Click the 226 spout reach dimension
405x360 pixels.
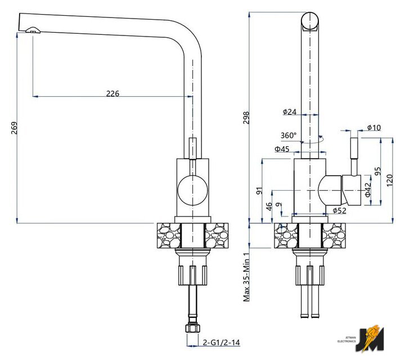click(113, 93)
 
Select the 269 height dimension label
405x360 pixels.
click(14, 128)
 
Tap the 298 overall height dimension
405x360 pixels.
click(246, 118)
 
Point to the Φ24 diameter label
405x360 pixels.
click(290, 112)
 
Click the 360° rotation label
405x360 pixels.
click(289, 136)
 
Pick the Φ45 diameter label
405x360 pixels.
click(282, 149)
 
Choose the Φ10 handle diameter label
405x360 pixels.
click(373, 127)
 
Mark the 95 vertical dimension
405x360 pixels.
click(377, 171)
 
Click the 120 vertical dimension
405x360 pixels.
click(390, 180)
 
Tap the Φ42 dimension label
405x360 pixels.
click(368, 190)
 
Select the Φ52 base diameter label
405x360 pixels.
click(339, 211)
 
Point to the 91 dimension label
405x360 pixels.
click(259, 191)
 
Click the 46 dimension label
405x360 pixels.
click(269, 206)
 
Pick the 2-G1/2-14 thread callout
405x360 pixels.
click(222, 343)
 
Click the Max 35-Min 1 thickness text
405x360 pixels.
click(246, 277)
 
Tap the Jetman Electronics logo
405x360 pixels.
click(370, 339)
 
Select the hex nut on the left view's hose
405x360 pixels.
click(192, 328)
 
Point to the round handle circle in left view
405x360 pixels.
click(193, 191)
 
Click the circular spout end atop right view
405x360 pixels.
click(310, 21)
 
